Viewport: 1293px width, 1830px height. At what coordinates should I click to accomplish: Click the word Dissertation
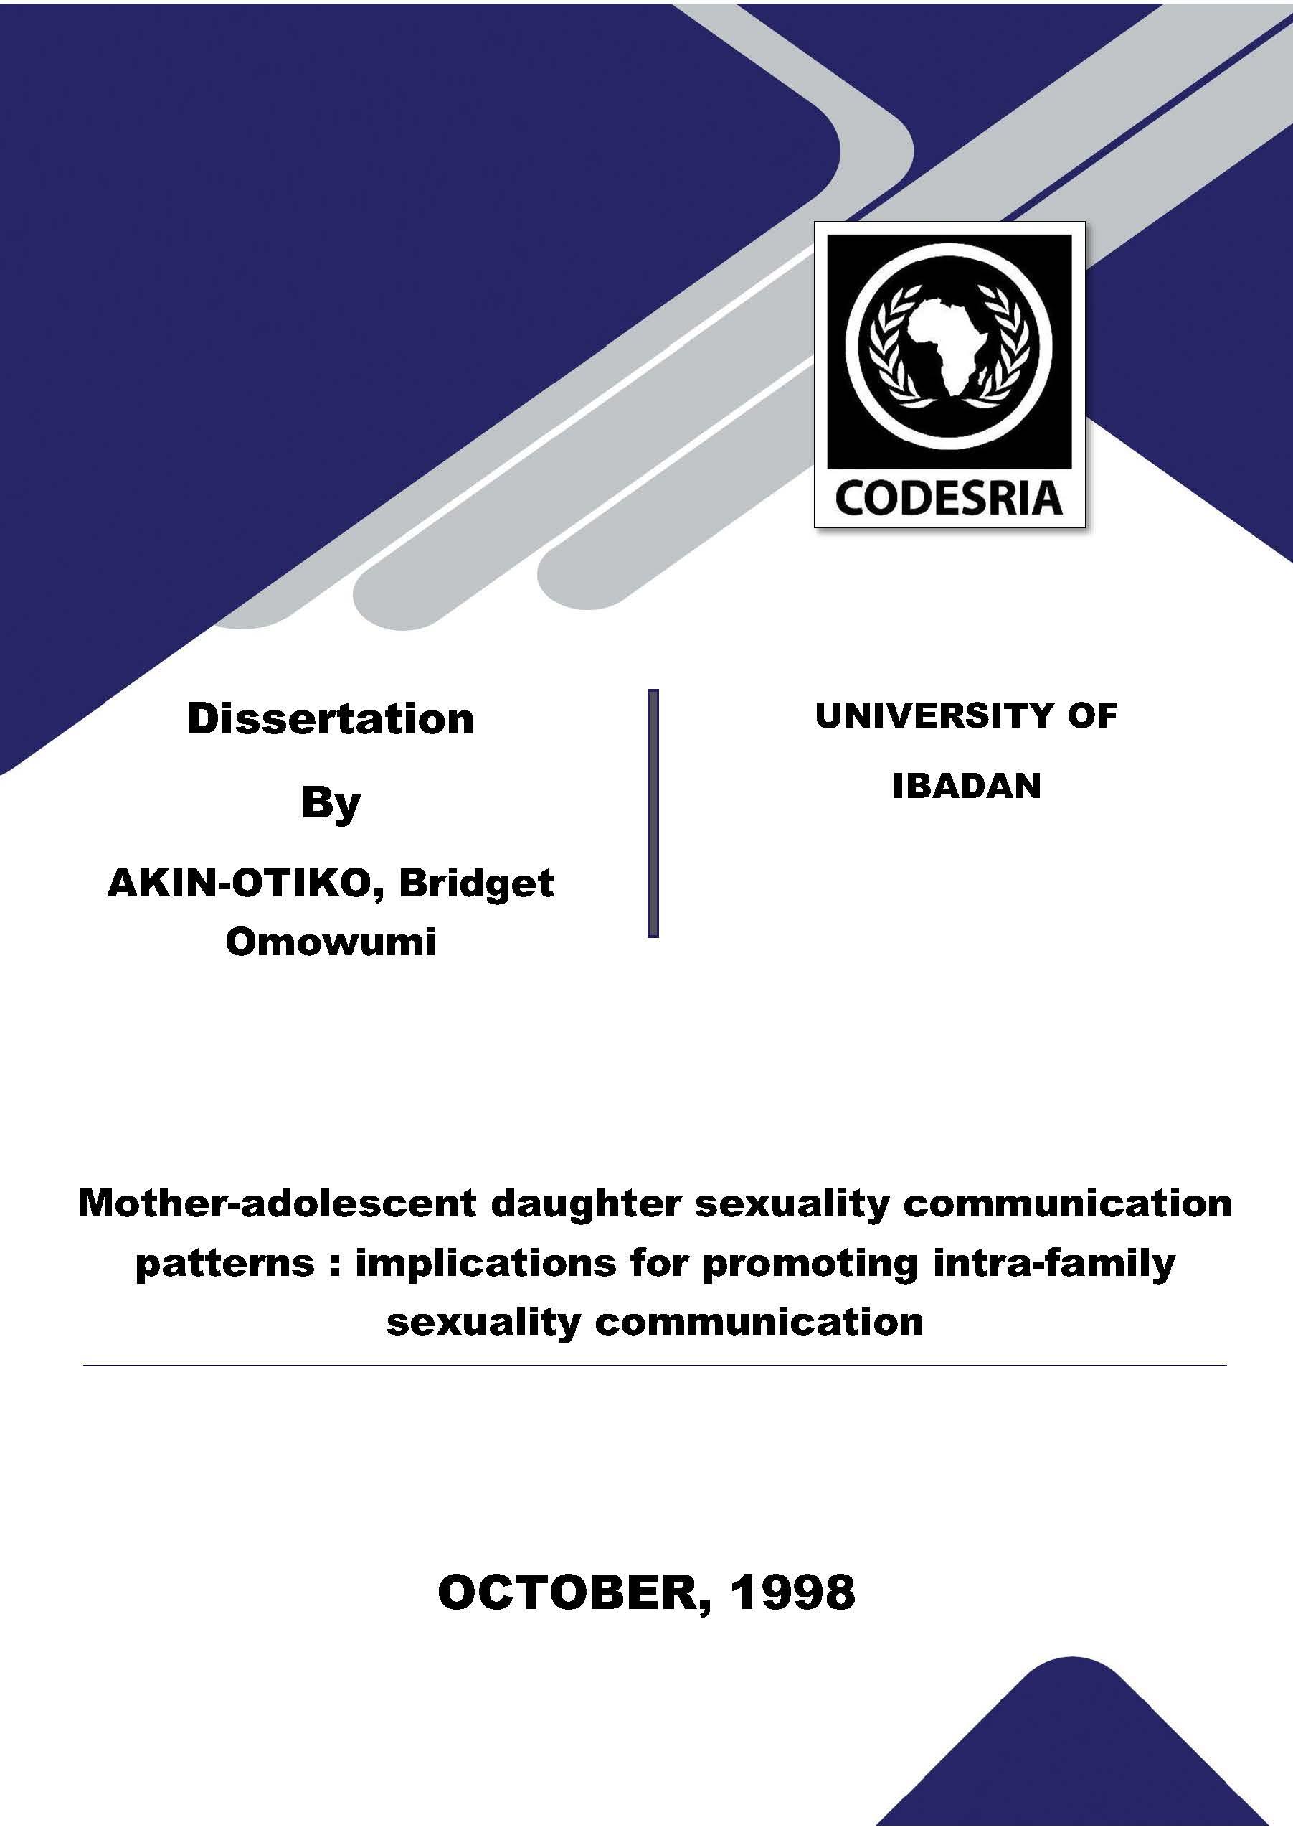click(x=331, y=719)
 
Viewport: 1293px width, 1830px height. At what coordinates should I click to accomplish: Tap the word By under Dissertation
click(x=331, y=805)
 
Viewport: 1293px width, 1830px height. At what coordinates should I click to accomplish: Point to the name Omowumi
click(x=331, y=942)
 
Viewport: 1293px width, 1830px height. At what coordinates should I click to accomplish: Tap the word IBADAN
click(x=967, y=786)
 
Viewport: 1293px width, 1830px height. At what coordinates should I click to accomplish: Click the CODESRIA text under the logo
click(x=948, y=498)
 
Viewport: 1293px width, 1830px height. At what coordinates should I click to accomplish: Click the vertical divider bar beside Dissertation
click(x=653, y=813)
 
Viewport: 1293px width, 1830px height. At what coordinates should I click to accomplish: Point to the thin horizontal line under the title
click(x=654, y=1366)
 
